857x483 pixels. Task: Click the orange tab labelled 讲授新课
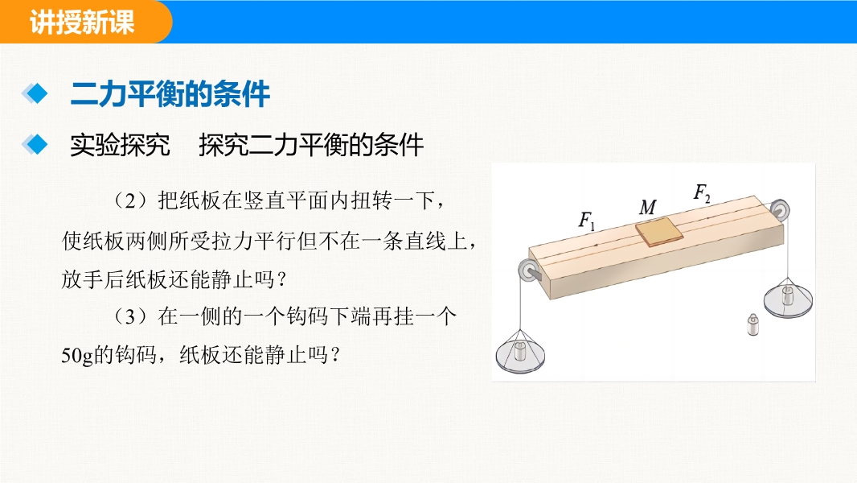pos(82,22)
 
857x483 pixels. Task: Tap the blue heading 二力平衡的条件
pos(170,94)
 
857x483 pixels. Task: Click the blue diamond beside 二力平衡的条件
pos(35,93)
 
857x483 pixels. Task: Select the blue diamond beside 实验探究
pos(35,144)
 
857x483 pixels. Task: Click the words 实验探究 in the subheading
pos(120,145)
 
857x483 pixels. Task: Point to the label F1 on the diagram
pos(586,221)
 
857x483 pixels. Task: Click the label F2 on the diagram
pos(702,193)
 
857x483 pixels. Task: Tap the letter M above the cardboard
pos(648,208)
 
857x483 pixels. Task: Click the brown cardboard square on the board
pos(659,232)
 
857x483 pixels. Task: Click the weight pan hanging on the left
pos(520,352)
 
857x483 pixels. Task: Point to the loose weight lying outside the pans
pos(752,324)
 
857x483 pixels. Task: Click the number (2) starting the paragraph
pos(131,200)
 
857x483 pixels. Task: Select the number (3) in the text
pos(131,316)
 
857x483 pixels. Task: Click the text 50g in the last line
pos(77,356)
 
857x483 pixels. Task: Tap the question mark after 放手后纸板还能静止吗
pos(282,280)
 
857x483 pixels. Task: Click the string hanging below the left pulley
pos(520,303)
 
